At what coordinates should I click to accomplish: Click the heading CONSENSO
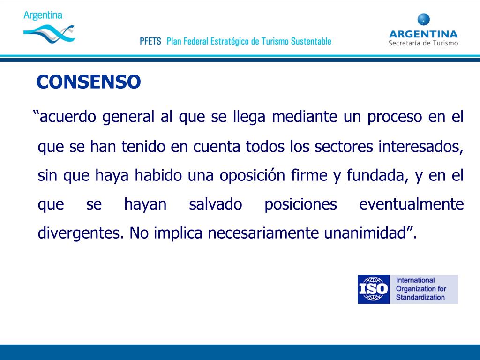tap(89, 82)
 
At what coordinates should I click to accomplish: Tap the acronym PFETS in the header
tap(150, 41)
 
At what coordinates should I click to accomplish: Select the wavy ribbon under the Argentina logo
tap(49, 32)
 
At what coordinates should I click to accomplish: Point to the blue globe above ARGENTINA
tap(423, 20)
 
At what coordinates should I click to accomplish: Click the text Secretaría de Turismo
tap(423, 43)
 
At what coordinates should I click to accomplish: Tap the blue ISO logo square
tap(374, 289)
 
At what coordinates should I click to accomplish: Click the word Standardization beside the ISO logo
tap(420, 297)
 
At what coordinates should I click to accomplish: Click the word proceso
tap(395, 117)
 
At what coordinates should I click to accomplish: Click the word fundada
tap(375, 175)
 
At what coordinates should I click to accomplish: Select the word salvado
tap(216, 204)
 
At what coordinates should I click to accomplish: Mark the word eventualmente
tap(411, 204)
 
